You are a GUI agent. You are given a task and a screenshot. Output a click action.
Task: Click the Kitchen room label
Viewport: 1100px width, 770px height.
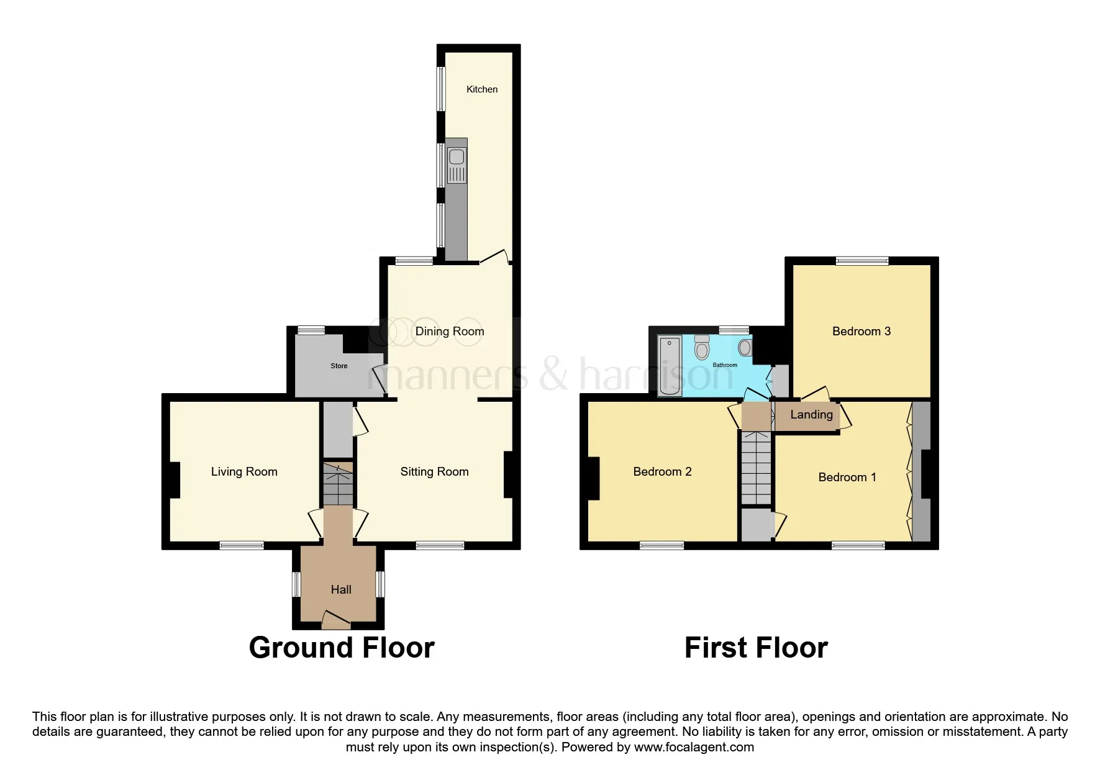tap(482, 89)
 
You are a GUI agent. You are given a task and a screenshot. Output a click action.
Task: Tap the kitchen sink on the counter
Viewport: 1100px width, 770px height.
tap(457, 158)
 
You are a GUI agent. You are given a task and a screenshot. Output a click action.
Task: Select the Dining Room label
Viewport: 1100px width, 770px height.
tap(450, 332)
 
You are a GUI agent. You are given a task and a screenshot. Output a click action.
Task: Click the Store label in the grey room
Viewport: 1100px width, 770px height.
tap(339, 366)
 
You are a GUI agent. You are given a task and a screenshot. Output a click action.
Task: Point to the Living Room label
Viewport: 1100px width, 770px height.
tap(244, 472)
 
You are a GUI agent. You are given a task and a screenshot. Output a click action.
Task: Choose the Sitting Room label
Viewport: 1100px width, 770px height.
tap(434, 472)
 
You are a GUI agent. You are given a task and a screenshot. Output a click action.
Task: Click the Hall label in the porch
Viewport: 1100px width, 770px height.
tap(341, 590)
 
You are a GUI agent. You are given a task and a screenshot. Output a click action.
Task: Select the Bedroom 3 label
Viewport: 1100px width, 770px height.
tap(861, 332)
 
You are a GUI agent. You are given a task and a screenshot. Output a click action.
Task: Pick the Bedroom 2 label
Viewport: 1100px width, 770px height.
tap(662, 472)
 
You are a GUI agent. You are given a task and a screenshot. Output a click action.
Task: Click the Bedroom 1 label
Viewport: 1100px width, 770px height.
tap(847, 478)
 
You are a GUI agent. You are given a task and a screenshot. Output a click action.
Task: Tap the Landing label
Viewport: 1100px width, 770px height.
tap(811, 415)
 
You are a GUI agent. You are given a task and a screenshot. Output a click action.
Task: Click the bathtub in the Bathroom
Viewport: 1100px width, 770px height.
tap(670, 366)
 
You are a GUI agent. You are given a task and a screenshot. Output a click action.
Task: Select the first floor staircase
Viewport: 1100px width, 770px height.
tap(756, 469)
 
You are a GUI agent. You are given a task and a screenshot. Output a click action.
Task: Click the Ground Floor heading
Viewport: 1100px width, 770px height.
tap(341, 648)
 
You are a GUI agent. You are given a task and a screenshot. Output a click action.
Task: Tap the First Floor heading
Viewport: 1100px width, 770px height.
tap(756, 648)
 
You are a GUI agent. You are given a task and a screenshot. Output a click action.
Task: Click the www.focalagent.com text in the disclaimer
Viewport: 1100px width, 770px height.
tap(694, 748)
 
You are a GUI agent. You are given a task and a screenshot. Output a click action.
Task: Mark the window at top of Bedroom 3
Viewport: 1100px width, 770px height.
tap(861, 261)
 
